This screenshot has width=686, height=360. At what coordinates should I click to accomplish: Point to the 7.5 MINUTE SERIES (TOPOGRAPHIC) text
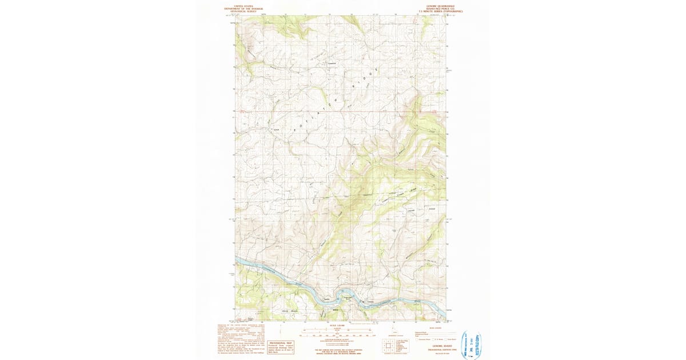(x=440, y=11)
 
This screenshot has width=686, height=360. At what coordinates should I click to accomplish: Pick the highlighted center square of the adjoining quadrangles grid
(x=389, y=345)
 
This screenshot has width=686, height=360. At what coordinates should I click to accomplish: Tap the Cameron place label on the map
(x=332, y=63)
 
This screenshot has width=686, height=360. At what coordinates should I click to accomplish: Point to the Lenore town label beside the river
(x=370, y=302)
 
